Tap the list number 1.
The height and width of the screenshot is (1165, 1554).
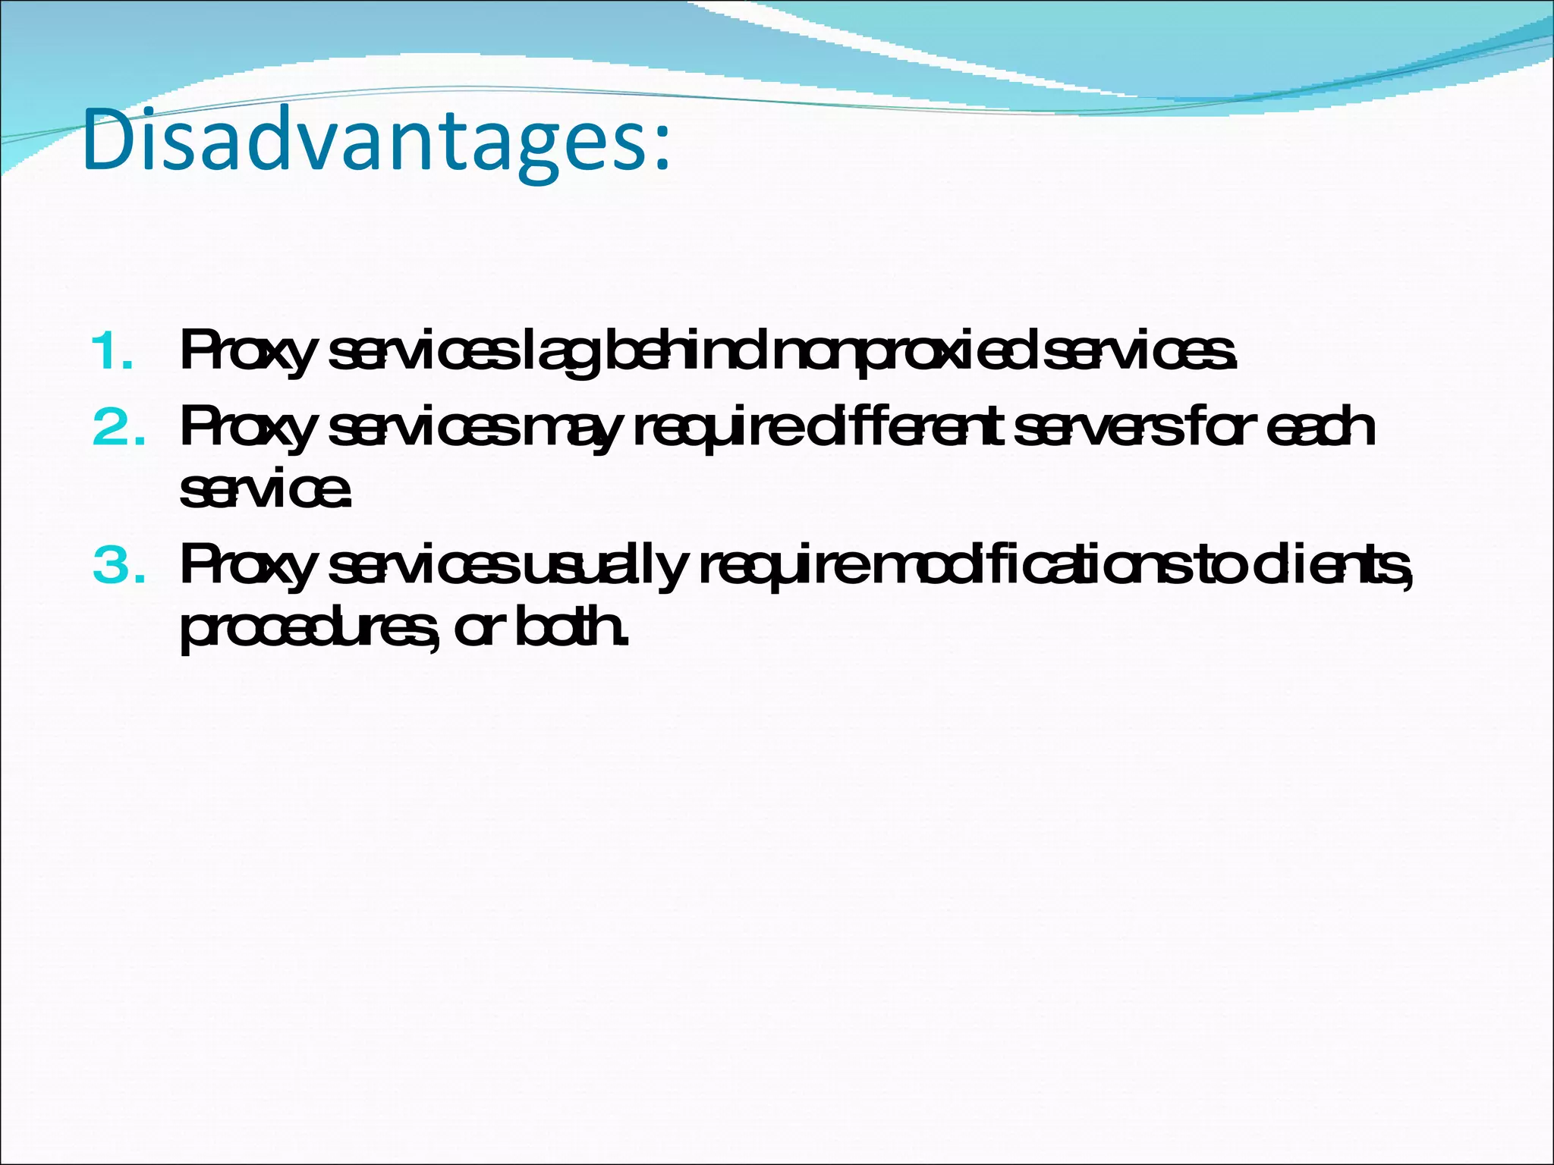(111, 353)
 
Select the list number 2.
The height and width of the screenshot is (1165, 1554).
(118, 428)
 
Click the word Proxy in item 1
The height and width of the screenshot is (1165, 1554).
(247, 353)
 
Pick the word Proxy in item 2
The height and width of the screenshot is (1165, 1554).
(247, 429)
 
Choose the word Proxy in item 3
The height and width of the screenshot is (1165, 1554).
(247, 567)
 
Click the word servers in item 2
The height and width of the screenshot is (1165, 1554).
(1097, 429)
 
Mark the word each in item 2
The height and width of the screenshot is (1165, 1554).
(1320, 429)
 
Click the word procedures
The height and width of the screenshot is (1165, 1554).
(307, 630)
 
